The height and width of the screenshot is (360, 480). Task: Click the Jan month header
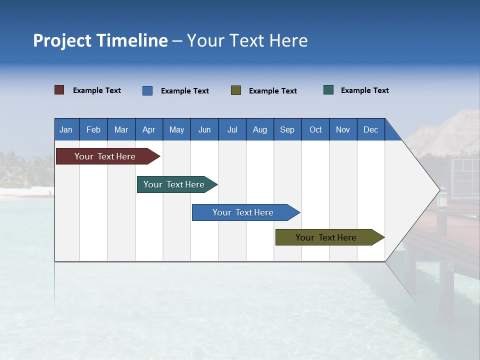(66, 129)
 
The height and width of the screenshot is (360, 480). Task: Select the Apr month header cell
(149, 129)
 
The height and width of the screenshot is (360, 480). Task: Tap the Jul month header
(232, 129)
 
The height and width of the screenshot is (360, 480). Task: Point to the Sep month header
(287, 129)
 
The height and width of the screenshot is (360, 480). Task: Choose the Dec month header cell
(370, 129)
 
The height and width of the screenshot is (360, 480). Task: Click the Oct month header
(315, 129)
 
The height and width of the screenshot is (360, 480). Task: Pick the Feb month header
(93, 129)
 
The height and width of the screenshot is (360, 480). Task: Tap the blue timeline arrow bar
(243, 212)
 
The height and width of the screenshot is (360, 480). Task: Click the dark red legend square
(59, 90)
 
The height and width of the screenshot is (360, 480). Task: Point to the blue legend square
(147, 90)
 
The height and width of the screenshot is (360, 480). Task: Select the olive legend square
(236, 90)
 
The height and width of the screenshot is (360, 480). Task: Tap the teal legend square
(328, 90)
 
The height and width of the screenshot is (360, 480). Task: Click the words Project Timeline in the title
(100, 40)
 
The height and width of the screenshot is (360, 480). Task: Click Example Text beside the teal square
(364, 90)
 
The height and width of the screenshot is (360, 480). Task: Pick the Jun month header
(204, 129)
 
